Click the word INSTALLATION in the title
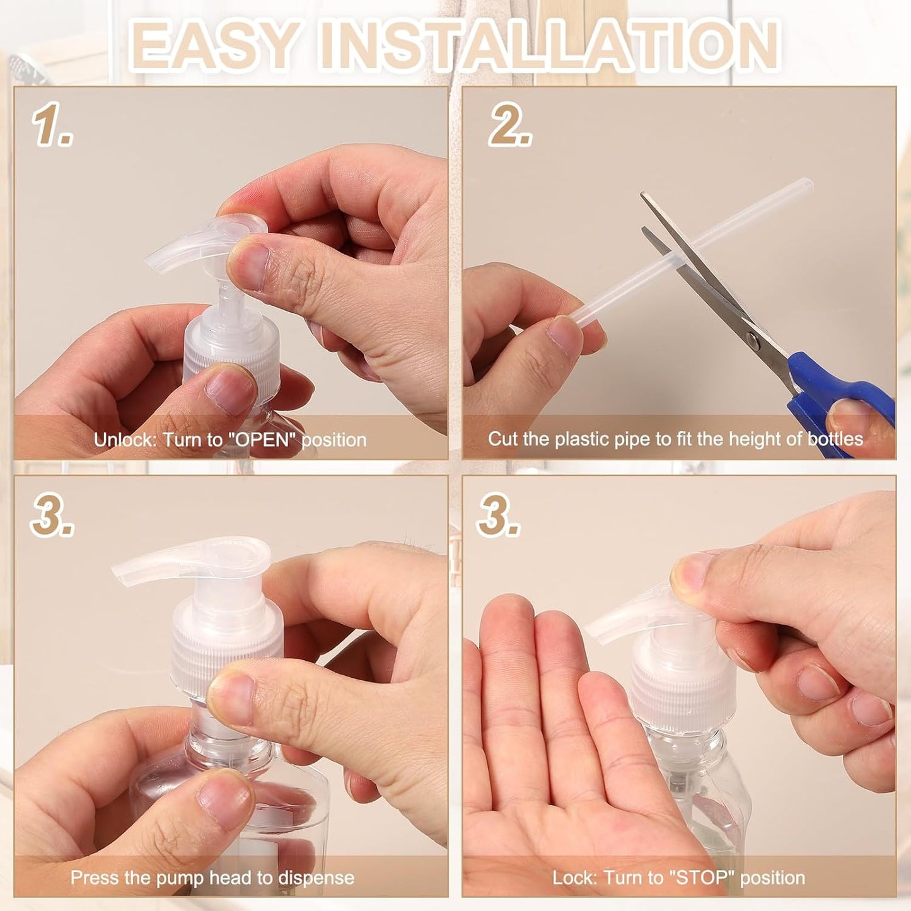(548, 45)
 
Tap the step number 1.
(52, 125)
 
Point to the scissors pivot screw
(753, 340)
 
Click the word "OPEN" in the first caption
(264, 439)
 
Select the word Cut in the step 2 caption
(502, 439)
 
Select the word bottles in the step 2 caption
(835, 439)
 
